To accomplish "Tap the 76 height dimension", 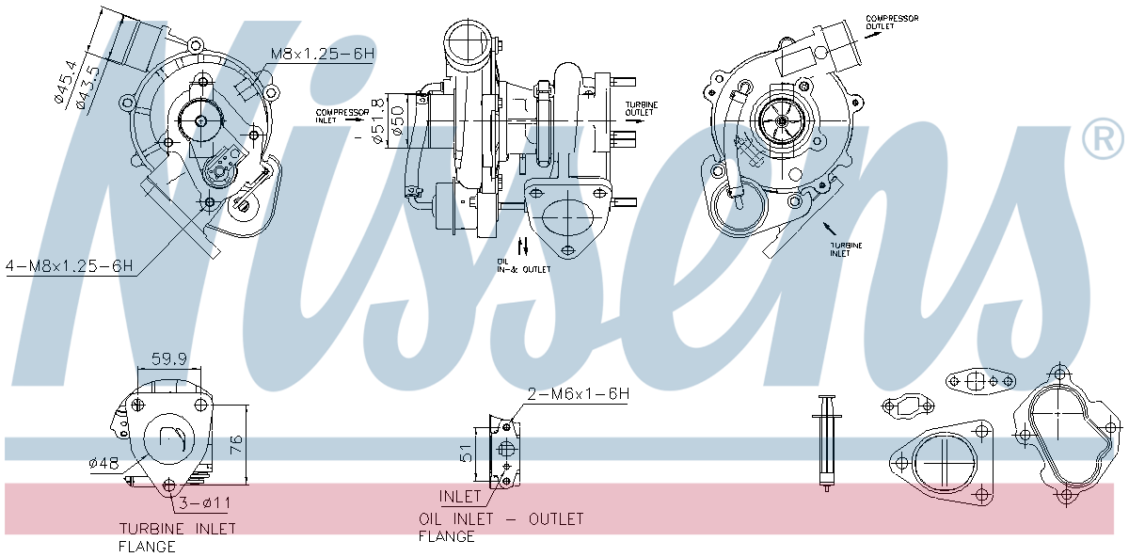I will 236,441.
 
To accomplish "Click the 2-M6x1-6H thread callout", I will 578,394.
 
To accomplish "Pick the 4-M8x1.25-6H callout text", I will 68,267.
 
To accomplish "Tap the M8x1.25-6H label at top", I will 323,55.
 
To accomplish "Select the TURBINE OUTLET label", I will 643,108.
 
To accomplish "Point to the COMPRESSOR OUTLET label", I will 892,23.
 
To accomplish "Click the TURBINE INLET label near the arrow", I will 845,249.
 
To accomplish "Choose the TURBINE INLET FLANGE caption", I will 176,537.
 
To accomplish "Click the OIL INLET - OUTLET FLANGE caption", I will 501,527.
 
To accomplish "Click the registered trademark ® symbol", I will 1103,139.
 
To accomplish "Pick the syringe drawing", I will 826,441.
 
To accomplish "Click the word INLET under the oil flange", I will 460,496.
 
